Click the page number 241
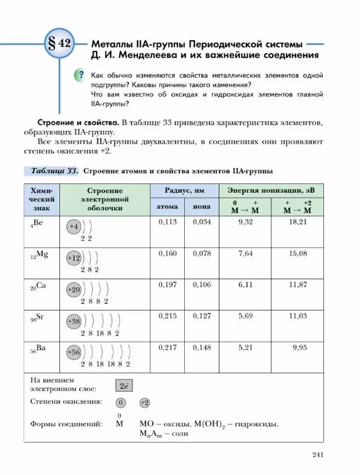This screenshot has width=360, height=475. [318, 455]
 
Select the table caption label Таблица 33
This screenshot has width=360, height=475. [52, 171]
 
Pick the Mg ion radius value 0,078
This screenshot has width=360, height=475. [202, 254]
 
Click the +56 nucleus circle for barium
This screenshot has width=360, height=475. [74, 352]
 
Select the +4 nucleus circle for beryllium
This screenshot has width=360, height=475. [73, 227]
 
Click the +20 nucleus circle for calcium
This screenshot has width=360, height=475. [74, 289]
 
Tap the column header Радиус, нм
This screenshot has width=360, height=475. [184, 190]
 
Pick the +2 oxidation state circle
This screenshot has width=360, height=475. [145, 402]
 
